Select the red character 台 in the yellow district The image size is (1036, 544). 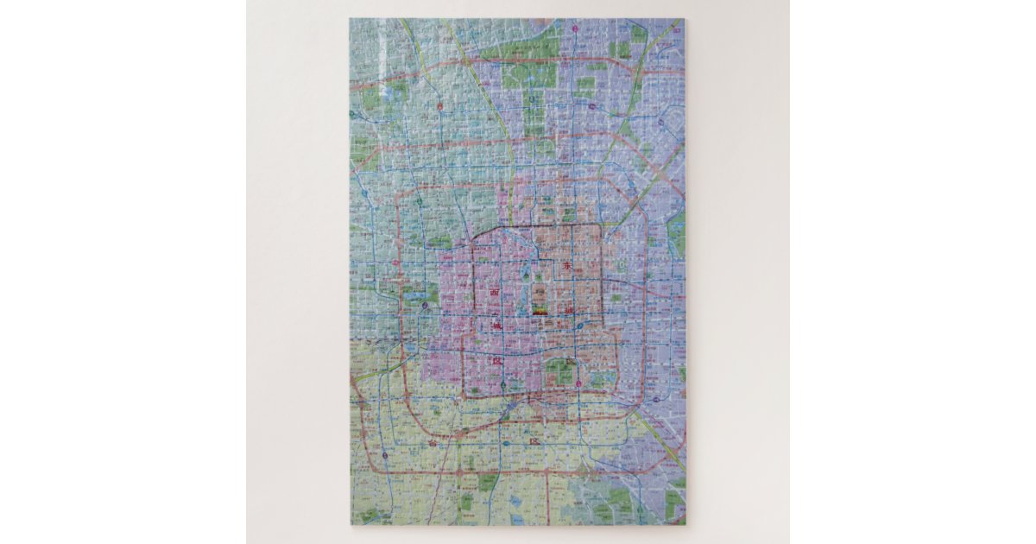click(x=433, y=442)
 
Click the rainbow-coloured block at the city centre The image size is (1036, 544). click(x=540, y=307)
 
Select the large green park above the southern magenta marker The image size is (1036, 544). click(x=561, y=372)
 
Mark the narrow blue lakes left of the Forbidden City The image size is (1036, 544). click(x=521, y=298)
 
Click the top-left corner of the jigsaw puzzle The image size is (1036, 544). click(x=350, y=19)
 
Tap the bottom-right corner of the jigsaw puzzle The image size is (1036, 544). click(x=685, y=524)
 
